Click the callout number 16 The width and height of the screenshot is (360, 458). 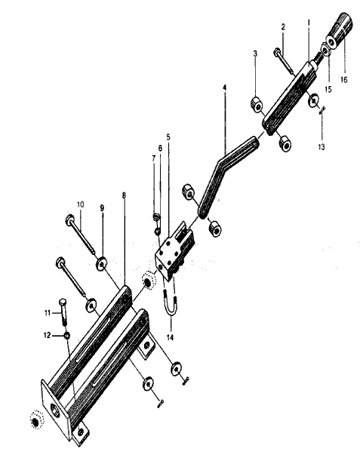[344, 79]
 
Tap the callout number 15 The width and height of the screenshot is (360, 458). [328, 89]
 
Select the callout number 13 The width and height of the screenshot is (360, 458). [322, 147]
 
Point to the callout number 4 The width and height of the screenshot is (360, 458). [224, 88]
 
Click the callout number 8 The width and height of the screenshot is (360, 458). [124, 195]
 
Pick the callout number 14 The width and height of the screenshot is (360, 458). [170, 337]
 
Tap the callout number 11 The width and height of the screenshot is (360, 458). [48, 313]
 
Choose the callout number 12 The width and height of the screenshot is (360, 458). [47, 335]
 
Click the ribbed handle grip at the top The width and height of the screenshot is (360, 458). [339, 28]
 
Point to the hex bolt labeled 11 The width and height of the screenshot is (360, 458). [63, 312]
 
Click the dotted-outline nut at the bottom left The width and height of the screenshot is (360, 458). [36, 420]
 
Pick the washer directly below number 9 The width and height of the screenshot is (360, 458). [101, 263]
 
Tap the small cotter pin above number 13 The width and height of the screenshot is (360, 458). [322, 109]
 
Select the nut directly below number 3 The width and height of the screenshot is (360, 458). [257, 105]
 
